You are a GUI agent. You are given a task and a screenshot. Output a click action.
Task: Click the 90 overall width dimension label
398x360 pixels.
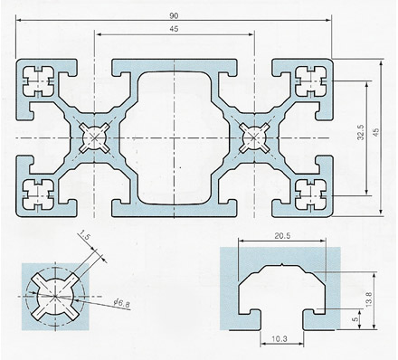point(174,15)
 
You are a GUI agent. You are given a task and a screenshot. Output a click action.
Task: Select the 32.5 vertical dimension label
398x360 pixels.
point(361,133)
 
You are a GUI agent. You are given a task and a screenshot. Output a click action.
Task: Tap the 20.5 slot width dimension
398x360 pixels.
point(282,235)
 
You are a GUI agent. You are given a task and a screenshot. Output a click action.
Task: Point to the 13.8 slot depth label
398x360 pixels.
point(370,299)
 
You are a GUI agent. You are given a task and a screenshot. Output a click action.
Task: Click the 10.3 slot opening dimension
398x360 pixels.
point(280,339)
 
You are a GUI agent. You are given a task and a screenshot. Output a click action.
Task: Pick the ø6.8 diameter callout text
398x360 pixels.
point(121,304)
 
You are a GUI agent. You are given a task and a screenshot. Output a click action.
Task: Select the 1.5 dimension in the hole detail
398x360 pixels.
point(85,234)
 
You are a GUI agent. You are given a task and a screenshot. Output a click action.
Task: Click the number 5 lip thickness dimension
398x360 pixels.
point(356,318)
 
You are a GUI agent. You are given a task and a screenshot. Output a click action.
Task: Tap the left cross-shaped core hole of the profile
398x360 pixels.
point(95,137)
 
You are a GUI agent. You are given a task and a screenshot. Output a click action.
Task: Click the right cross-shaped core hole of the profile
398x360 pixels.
point(254,137)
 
